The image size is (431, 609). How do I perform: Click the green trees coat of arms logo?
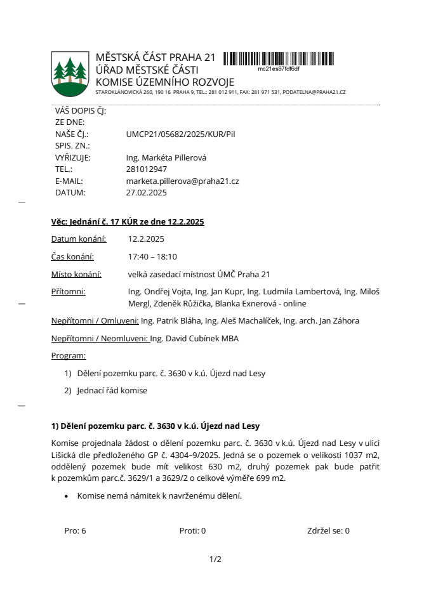point(70,73)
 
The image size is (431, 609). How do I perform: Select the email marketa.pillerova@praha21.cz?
point(183,181)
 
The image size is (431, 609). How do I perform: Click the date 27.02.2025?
point(147,192)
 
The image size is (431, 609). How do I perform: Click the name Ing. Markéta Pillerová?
point(167,158)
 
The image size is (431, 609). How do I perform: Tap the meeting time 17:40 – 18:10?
point(152,257)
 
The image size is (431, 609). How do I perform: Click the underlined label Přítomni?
point(68,292)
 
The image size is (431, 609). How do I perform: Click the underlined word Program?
point(69,356)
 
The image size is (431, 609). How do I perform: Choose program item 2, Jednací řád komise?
point(112,391)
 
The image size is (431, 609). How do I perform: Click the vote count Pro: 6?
point(75,531)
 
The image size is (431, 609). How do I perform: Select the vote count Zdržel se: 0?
point(328,531)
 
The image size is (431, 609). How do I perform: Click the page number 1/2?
point(215,560)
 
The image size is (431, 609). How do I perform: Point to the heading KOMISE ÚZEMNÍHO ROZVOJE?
point(164,82)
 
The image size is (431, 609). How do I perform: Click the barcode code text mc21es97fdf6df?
point(279,69)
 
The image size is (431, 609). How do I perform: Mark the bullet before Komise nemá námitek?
point(66,496)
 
